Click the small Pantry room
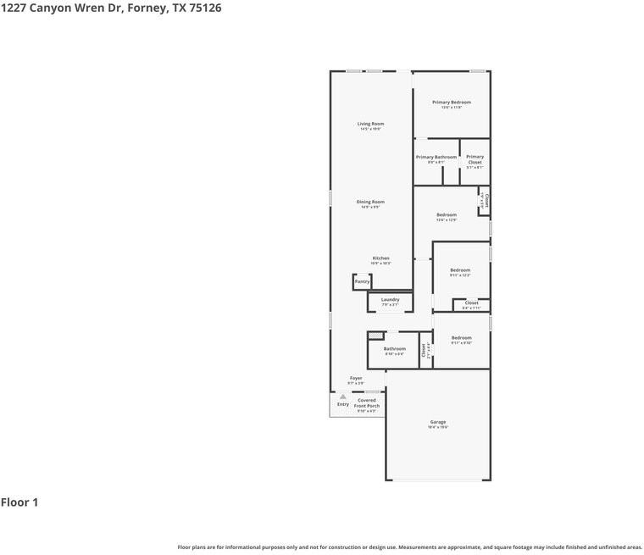click(x=362, y=281)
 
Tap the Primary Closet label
click(x=475, y=159)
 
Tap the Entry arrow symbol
click(x=342, y=396)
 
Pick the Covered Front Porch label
click(x=367, y=402)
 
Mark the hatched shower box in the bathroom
click(x=375, y=336)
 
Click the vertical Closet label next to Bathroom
click(x=425, y=350)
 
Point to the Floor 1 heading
click(x=19, y=502)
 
